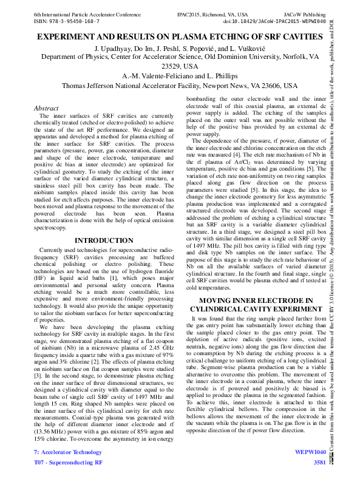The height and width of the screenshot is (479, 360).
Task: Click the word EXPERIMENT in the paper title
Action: point(69,37)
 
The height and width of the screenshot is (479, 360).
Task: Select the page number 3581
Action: point(319,463)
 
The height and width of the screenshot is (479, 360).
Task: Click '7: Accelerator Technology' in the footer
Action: point(68,452)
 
